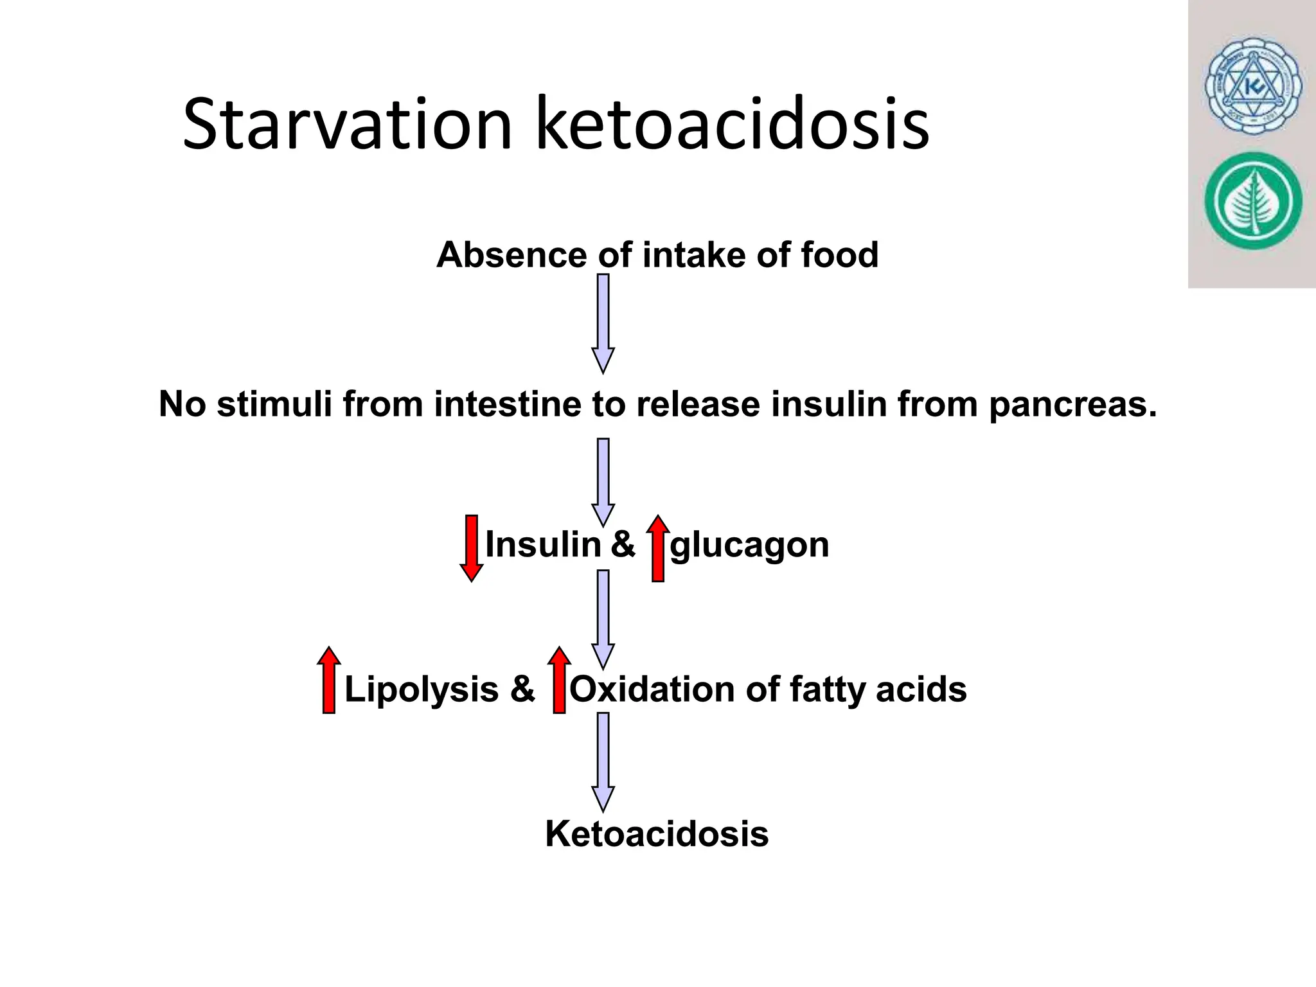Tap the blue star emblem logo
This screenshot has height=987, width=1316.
pyautogui.click(x=1252, y=93)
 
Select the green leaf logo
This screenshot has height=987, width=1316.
pyautogui.click(x=1252, y=201)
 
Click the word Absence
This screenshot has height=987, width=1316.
pyautogui.click(x=511, y=254)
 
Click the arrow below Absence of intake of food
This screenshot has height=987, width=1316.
pyautogui.click(x=603, y=323)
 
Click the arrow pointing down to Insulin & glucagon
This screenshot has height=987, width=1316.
pyautogui.click(x=603, y=482)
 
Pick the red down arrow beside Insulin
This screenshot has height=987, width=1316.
pyautogui.click(x=472, y=548)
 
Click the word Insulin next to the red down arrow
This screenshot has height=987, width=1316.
pyautogui.click(x=542, y=545)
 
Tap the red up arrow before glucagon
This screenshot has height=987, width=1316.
pyautogui.click(x=657, y=548)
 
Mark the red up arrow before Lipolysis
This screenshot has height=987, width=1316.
pyautogui.click(x=328, y=680)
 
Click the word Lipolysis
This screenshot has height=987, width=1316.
pyautogui.click(x=422, y=690)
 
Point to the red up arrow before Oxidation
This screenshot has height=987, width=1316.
pyautogui.click(x=559, y=680)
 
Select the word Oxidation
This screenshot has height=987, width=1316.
pyautogui.click(x=652, y=689)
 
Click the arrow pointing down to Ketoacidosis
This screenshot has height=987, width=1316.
pyautogui.click(x=603, y=761)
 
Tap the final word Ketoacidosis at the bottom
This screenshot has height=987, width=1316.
pyautogui.click(x=657, y=834)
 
